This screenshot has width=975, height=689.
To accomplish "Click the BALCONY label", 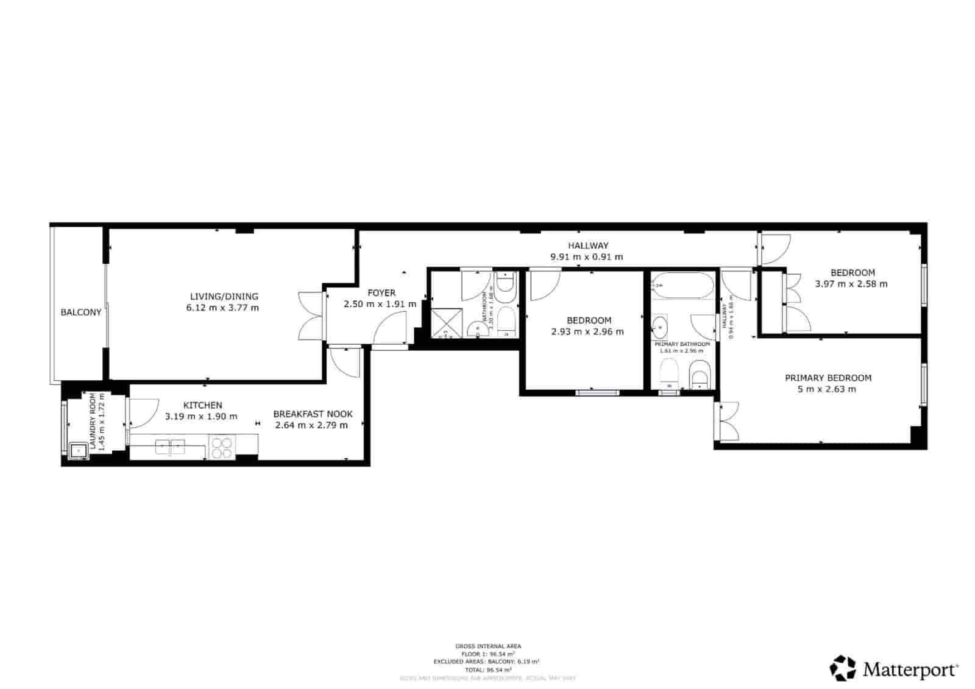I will pos(80,313).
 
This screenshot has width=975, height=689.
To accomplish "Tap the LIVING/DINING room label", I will pos(224,297).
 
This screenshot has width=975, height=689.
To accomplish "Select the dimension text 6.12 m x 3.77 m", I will pos(222,308).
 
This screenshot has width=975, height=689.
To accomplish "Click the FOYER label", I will pos(381,293).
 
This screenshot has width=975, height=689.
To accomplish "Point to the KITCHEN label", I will pos(203,405).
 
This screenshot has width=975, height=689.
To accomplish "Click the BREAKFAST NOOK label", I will pos(313,414).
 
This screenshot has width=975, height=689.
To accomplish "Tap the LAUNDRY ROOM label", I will pos(93,421).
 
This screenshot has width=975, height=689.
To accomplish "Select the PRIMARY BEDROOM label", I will pos(828,378).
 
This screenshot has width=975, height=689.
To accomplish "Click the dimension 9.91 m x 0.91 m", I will pos(587,257).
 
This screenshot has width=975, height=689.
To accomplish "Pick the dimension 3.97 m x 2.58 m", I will pos(851,284).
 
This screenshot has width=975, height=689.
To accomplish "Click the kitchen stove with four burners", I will pos(222,447).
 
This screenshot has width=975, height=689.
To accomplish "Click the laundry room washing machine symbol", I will pos(78,451).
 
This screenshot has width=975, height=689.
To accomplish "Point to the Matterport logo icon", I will pos(843,668).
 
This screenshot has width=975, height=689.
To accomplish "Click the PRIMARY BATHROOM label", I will pos(682,344).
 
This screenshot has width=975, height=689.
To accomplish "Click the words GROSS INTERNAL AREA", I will pos(488,646).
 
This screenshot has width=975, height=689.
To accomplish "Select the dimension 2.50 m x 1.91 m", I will pos(380,304).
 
